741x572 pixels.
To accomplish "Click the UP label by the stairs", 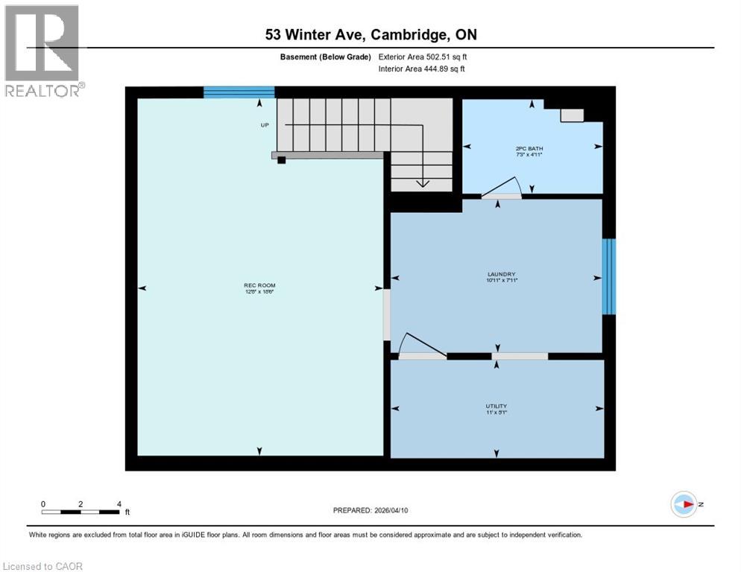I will [265, 124].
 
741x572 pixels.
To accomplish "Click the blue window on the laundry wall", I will [609, 276].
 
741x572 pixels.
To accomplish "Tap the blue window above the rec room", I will [239, 92].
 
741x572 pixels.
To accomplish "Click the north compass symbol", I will [683, 504].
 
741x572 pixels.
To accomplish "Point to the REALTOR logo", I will [42, 51].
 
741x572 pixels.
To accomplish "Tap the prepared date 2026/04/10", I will [397, 510].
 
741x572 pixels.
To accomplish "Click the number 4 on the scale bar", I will [119, 503].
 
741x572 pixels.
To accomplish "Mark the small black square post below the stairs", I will [281, 159].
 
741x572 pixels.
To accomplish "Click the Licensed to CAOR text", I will [43, 566].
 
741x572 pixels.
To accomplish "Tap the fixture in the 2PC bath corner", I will [572, 115].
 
